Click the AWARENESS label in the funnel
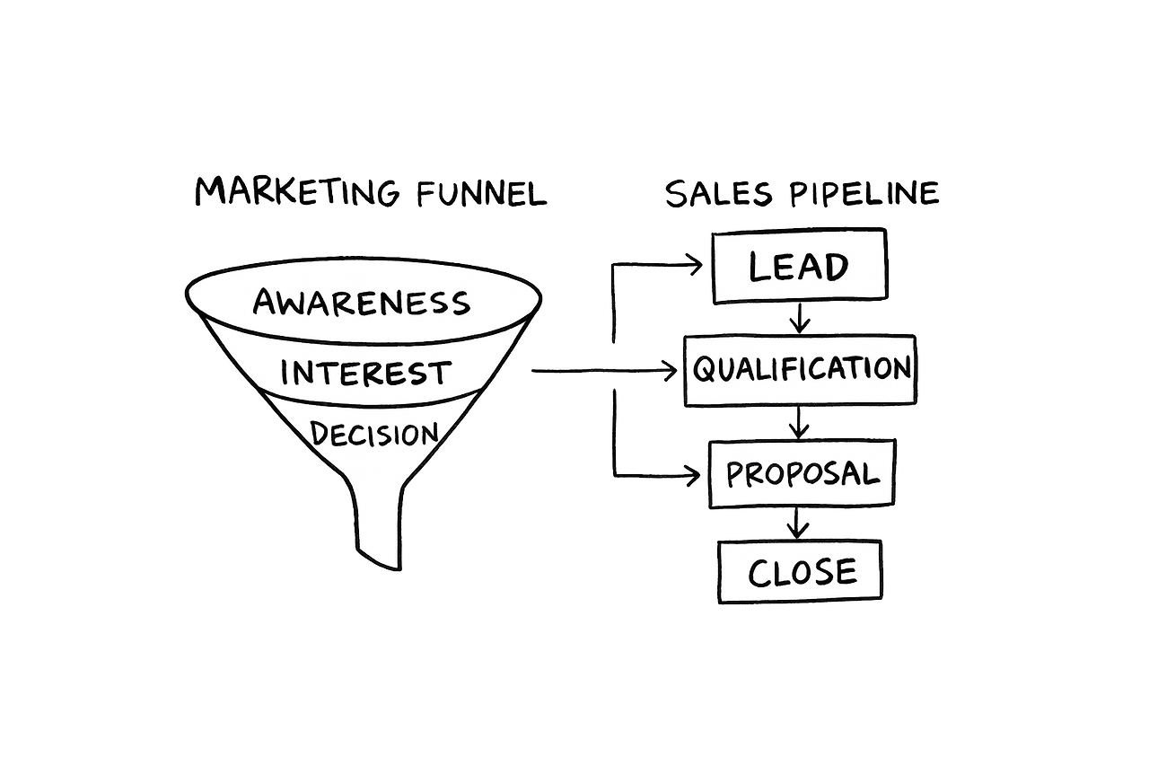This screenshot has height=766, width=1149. click(x=362, y=303)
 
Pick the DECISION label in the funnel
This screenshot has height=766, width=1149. click(x=374, y=434)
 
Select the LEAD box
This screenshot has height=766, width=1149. click(x=799, y=266)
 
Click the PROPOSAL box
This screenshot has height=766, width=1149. click(x=802, y=474)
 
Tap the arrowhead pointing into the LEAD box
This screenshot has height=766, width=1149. click(x=695, y=265)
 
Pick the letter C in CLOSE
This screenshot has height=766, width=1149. click(x=759, y=573)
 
